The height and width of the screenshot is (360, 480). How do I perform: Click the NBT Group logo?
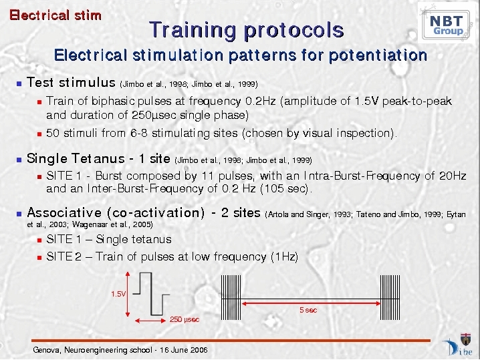pyautogui.click(x=447, y=24)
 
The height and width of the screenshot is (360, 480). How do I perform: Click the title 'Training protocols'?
pyautogui.click(x=247, y=29)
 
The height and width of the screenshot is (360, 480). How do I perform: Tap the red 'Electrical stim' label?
pyautogui.click(x=55, y=15)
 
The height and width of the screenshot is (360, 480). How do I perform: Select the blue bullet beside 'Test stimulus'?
pyautogui.click(x=19, y=83)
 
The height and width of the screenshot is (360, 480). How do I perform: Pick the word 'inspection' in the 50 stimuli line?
pyautogui.click(x=363, y=133)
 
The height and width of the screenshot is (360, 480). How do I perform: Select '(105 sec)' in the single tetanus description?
pyautogui.click(x=284, y=188)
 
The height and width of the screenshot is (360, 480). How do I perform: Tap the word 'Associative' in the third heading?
pyautogui.click(x=64, y=212)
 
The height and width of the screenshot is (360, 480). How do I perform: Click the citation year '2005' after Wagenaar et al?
pyautogui.click(x=141, y=224)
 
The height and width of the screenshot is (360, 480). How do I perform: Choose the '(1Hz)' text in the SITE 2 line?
pyautogui.click(x=284, y=256)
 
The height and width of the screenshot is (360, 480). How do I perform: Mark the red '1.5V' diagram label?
pyautogui.click(x=118, y=294)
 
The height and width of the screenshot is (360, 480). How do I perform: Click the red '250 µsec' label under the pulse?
pyautogui.click(x=185, y=320)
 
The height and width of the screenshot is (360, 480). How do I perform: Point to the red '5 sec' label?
pyautogui.click(x=308, y=310)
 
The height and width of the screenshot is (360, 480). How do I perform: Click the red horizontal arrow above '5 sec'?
pyautogui.click(x=311, y=304)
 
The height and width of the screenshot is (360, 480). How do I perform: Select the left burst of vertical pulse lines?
pyautogui.click(x=231, y=297)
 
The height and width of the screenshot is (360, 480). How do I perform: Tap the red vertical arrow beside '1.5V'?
pyautogui.click(x=128, y=294)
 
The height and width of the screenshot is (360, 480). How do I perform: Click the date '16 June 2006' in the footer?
pyautogui.click(x=184, y=350)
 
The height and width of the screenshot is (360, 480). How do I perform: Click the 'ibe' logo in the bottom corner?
pyautogui.click(x=458, y=347)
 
